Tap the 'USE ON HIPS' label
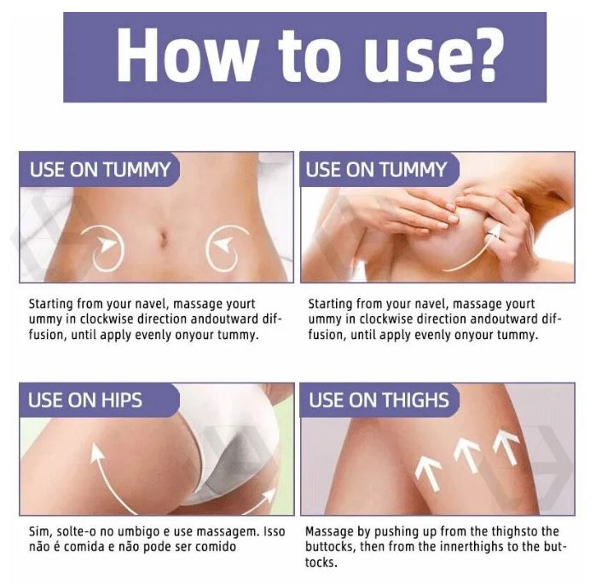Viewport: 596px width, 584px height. coord(84,400)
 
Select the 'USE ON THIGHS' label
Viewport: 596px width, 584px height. coord(379,400)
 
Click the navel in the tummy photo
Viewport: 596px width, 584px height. coord(164,238)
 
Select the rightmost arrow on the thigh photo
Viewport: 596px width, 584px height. coord(506,447)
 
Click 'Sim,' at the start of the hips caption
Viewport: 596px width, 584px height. coord(40,531)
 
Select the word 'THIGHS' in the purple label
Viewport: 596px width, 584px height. coord(414,400)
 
